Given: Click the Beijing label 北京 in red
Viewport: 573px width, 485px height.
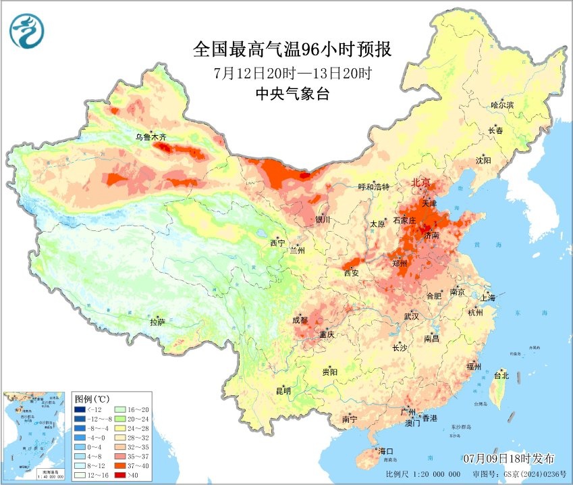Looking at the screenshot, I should tap(424, 183).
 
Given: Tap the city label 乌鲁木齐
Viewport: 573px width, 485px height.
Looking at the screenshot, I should tap(150, 137).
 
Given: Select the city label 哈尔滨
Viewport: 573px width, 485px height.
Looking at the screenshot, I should tap(502, 105).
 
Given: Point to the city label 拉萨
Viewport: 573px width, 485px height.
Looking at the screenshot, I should tap(158, 322).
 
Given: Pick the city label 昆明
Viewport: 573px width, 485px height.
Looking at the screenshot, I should tap(283, 390).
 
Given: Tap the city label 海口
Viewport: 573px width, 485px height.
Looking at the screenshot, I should tap(385, 451).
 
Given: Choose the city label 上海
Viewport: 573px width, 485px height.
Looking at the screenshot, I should tap(487, 297).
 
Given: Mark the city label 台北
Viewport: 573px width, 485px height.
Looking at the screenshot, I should tap(501, 376).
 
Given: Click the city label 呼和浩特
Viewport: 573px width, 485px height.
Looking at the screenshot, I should tap(373, 187).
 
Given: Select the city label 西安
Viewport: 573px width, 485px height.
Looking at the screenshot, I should tap(352, 273).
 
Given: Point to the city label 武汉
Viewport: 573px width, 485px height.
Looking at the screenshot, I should tap(411, 316).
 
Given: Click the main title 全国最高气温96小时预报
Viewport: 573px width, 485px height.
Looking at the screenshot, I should tap(292, 49).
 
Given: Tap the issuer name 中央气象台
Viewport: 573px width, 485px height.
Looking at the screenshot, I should tap(291, 94).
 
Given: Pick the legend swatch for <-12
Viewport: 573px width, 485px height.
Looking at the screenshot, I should tap(81, 409).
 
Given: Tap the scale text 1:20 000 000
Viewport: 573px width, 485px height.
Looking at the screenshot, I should tap(435, 475).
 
